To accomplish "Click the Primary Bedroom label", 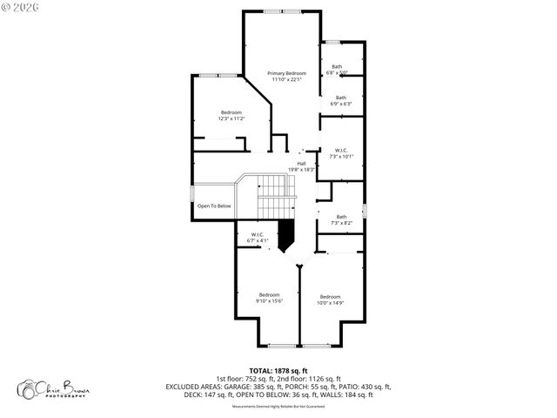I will (x=286, y=73).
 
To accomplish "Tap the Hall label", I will (x=301, y=163).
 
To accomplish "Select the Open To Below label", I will (x=214, y=206).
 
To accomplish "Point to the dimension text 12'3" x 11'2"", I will (x=232, y=118).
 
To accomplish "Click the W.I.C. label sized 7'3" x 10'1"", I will (x=341, y=150).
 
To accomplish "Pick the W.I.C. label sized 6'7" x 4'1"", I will (x=258, y=234).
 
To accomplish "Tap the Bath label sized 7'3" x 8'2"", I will (x=341, y=217).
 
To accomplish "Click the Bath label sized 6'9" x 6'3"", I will (x=341, y=98).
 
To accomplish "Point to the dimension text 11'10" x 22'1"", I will (x=286, y=80).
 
